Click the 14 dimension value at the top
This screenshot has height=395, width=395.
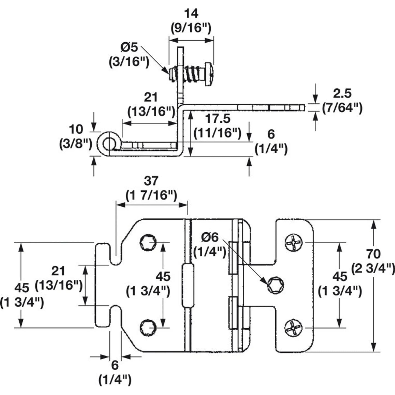[191, 14]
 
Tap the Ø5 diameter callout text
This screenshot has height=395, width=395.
[129, 47]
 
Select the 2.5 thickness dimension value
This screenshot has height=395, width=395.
[342, 94]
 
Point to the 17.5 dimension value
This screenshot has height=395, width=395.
[218, 119]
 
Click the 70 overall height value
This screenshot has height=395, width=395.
[374, 254]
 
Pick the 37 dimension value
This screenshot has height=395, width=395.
[151, 181]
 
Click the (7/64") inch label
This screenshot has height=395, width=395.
[342, 108]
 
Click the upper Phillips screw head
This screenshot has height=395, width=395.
[294, 242]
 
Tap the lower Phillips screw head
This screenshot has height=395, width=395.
[294, 328]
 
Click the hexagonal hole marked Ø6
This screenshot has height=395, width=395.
[276, 285]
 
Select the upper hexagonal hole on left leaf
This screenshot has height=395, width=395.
[148, 242]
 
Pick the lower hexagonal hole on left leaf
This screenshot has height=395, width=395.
[148, 328]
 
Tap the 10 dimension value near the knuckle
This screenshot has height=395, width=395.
[76, 130]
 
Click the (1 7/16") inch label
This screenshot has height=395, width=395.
[151, 195]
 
